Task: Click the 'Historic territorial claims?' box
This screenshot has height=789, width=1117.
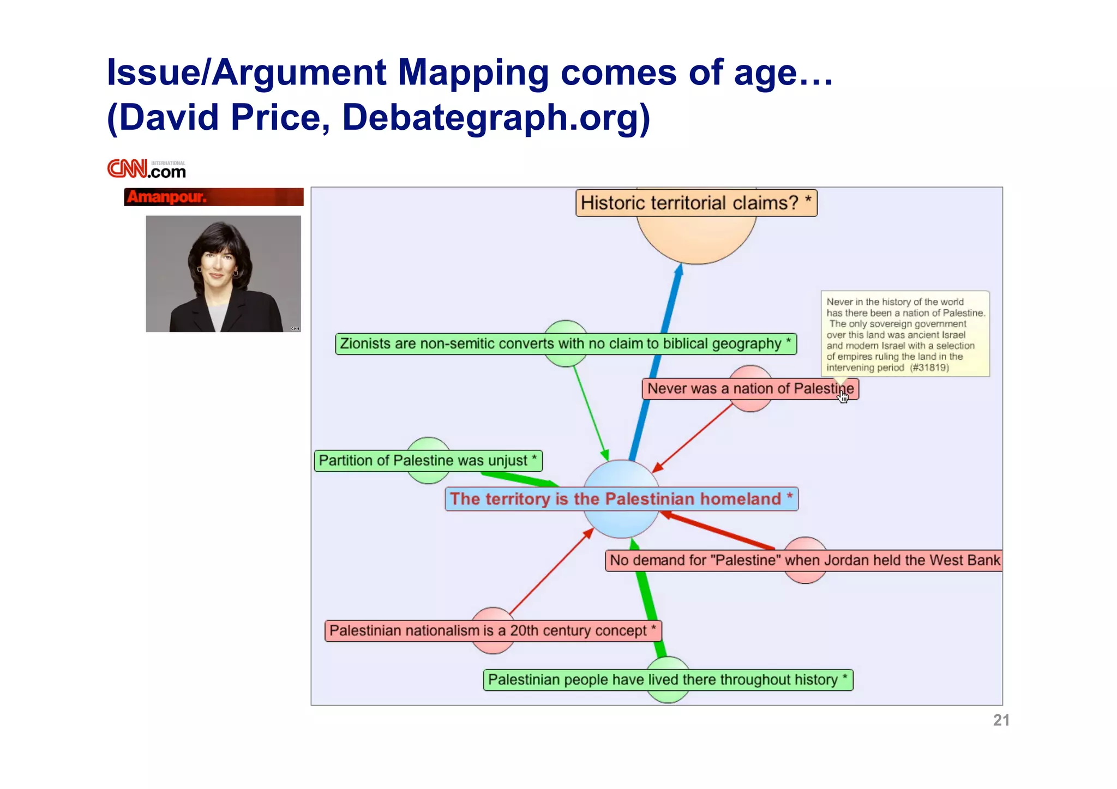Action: pos(696,203)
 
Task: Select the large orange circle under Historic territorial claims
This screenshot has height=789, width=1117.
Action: pos(696,240)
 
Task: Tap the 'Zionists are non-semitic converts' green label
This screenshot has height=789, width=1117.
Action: pos(566,344)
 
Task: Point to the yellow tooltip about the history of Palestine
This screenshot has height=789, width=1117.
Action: pos(905,334)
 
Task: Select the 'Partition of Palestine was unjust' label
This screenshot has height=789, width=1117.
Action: pos(428,461)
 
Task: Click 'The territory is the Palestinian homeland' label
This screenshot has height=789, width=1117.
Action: pos(621,499)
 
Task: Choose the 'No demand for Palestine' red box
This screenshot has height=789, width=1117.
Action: pos(803,561)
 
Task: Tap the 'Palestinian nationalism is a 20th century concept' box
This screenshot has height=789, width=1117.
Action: pos(493,631)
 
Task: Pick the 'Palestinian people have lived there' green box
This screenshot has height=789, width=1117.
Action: pos(668,680)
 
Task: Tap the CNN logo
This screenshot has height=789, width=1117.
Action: pos(146,170)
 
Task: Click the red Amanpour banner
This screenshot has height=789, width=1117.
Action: pos(213,197)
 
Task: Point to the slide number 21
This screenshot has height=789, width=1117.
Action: pos(1001,720)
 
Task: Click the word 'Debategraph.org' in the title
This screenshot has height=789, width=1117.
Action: pos(495,117)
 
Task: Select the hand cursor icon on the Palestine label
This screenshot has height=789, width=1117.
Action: pos(844,396)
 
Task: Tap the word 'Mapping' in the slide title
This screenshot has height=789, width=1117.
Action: pos(473,73)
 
